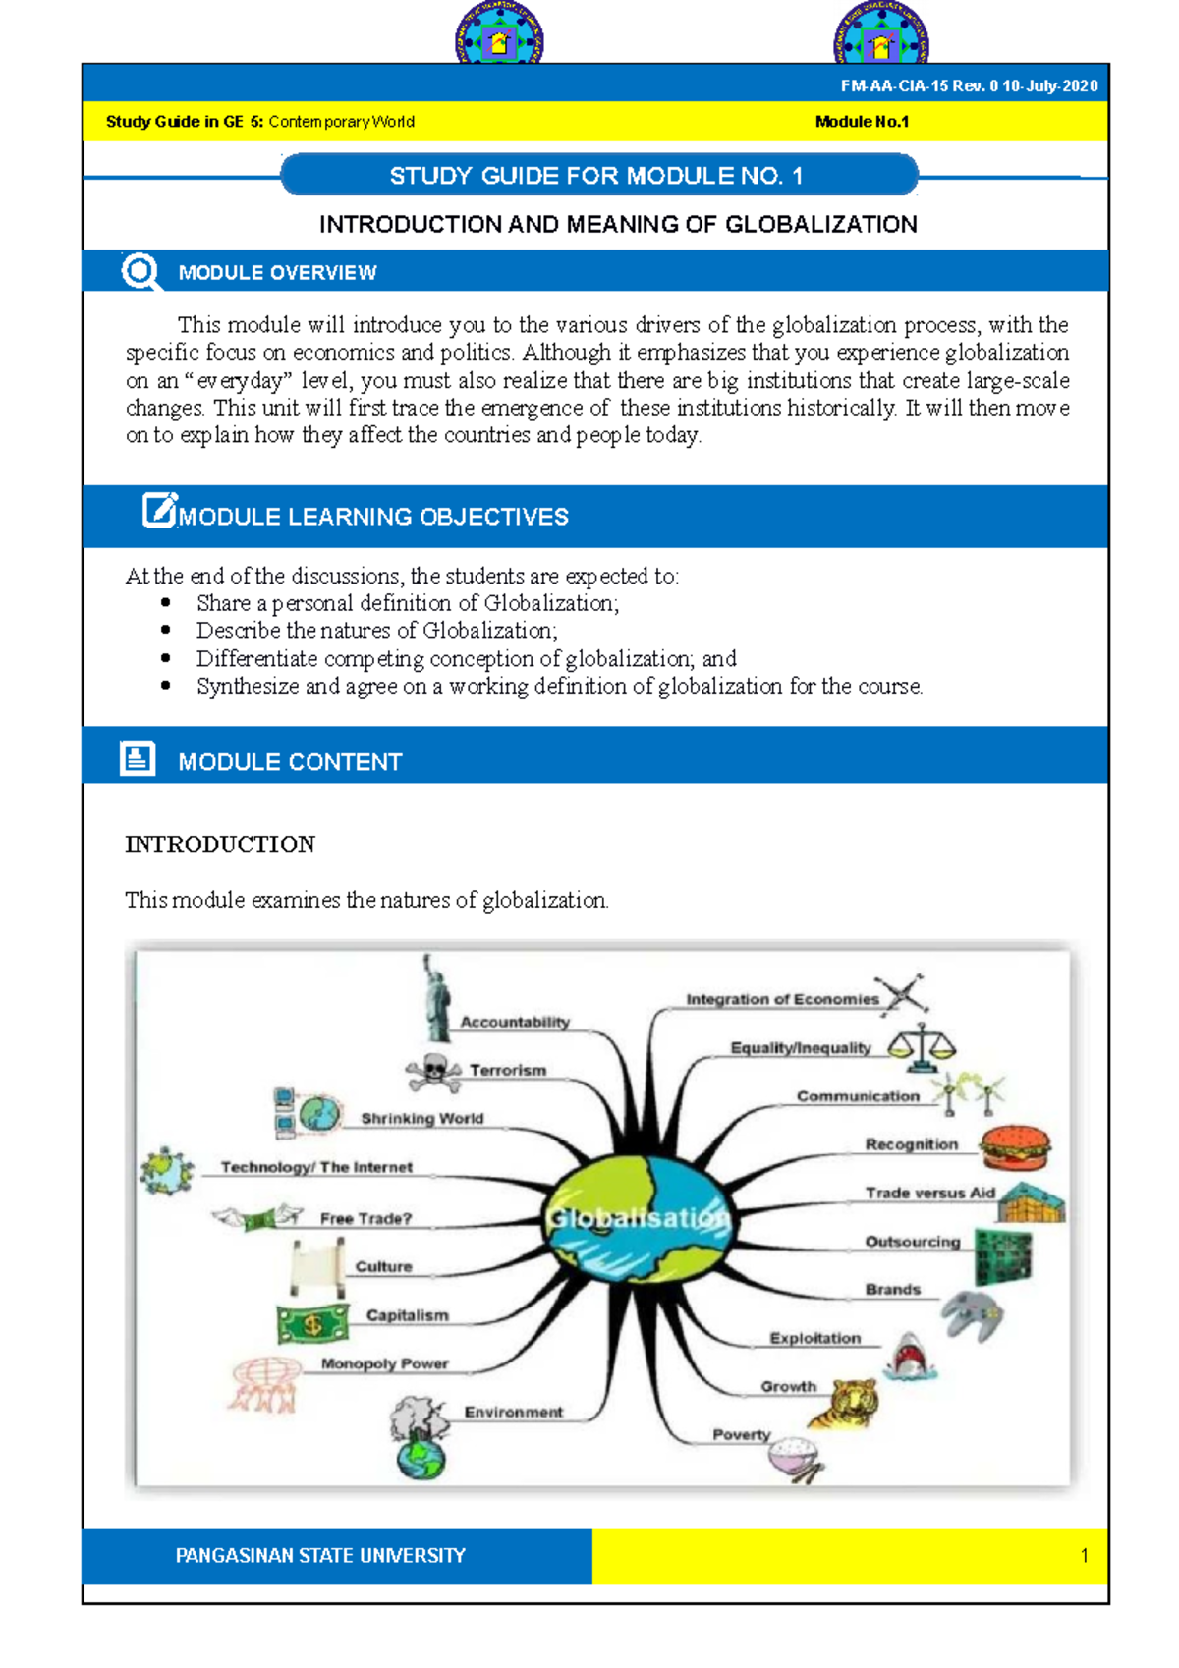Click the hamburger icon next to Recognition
click(1015, 1146)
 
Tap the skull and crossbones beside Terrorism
click(433, 1072)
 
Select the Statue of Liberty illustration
click(435, 999)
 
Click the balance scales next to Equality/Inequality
click(922, 1046)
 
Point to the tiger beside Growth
click(844, 1402)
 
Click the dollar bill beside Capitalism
click(312, 1323)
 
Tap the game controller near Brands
click(972, 1314)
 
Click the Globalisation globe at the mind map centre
click(639, 1217)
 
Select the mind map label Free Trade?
click(365, 1218)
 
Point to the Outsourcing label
click(912, 1242)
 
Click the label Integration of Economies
click(782, 999)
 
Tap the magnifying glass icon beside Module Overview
click(140, 271)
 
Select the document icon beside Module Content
click(138, 758)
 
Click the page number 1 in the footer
click(1084, 1555)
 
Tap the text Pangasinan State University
click(320, 1555)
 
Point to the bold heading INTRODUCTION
click(220, 844)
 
